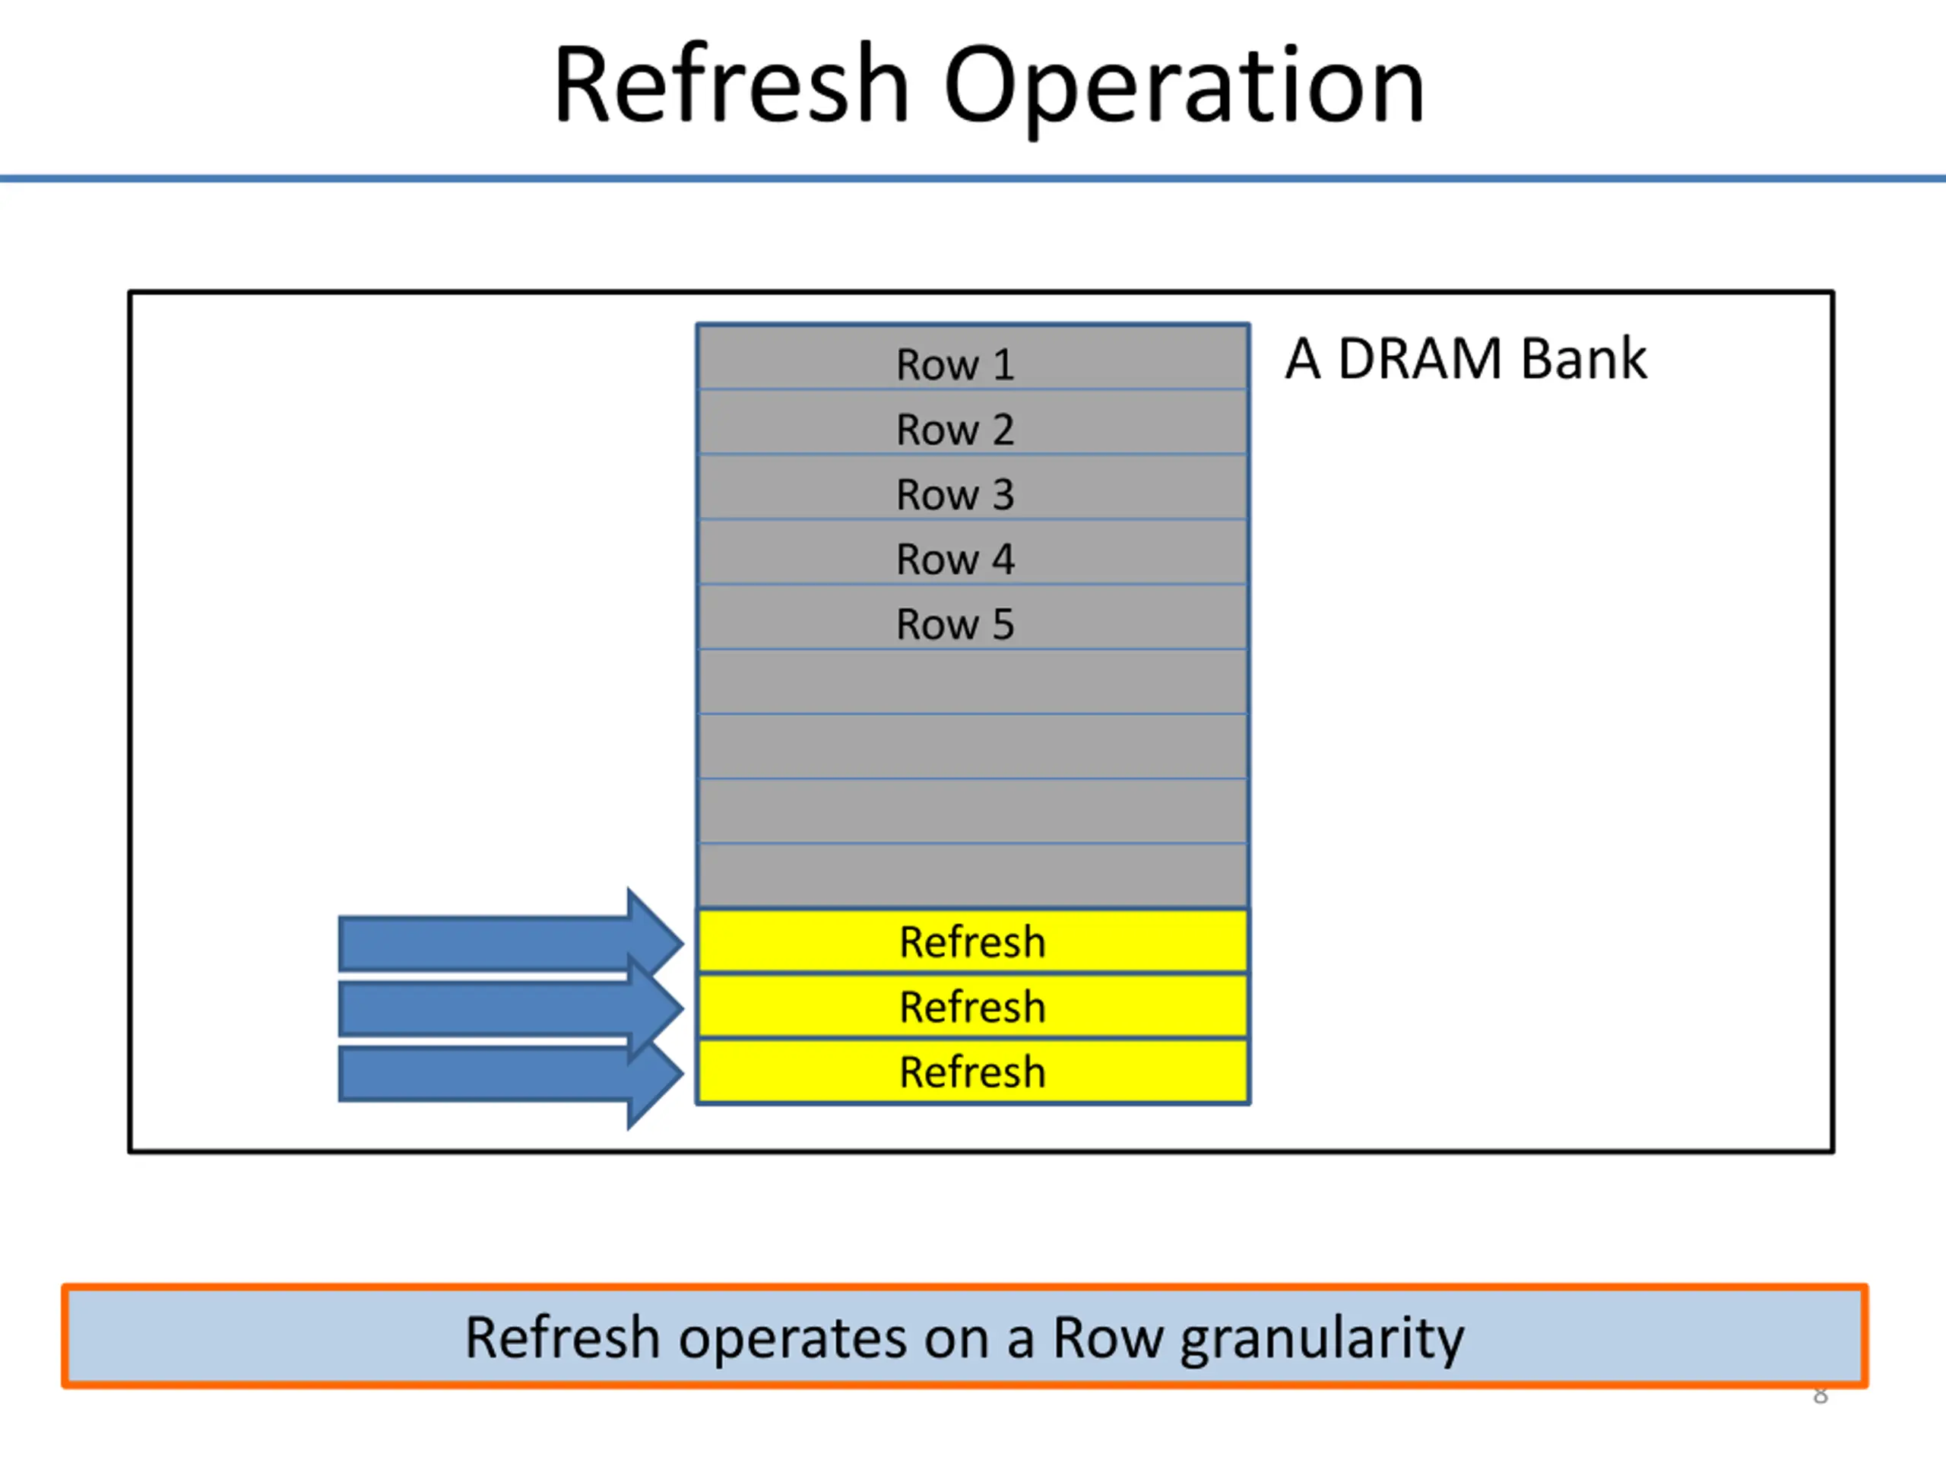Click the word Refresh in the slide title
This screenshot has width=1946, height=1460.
click(731, 85)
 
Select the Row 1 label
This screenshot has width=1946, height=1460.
click(955, 364)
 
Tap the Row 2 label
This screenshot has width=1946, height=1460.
click(955, 430)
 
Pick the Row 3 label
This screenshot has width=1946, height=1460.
click(955, 494)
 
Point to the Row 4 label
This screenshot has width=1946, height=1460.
click(955, 560)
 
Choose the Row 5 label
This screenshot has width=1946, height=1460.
click(955, 625)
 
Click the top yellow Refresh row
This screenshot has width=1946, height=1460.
click(973, 941)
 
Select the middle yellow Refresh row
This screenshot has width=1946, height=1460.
click(973, 1007)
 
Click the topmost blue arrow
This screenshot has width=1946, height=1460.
click(510, 944)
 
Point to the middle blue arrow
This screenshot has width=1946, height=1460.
click(510, 1008)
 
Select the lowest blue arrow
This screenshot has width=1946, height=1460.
click(510, 1074)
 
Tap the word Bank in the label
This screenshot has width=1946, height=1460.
click(1583, 359)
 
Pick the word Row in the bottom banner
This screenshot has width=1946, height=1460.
click(1108, 1338)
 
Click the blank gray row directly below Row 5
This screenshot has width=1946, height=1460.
click(973, 681)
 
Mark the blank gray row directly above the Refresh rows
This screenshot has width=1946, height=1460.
click(973, 876)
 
